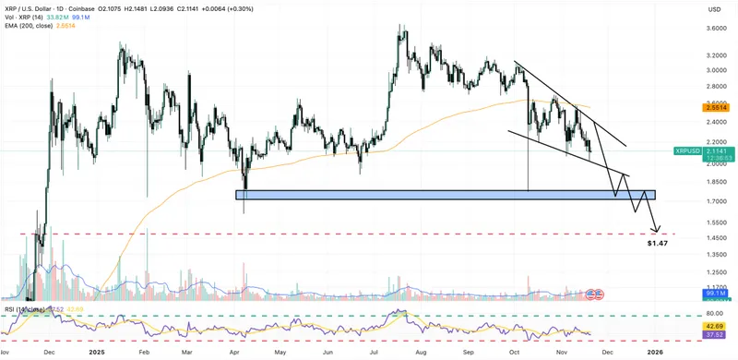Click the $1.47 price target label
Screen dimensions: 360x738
[x=656, y=243]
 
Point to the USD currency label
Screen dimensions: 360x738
[x=713, y=9]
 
